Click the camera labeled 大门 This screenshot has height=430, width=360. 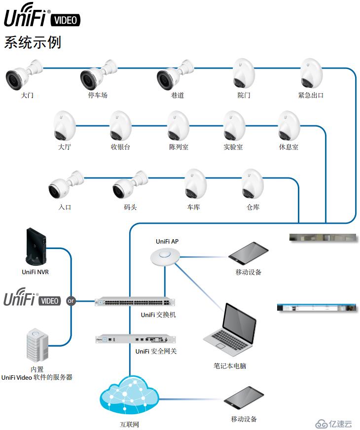[24, 74]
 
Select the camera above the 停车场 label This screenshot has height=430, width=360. [99, 74]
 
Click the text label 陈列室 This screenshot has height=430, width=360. [179, 147]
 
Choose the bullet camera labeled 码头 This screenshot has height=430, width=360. [130, 185]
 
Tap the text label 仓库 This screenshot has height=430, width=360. [253, 207]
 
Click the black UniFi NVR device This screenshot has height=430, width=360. [36, 246]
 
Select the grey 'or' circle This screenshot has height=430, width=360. [71, 301]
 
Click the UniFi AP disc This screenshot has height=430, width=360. [165, 256]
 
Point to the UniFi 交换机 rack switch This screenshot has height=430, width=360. [135, 302]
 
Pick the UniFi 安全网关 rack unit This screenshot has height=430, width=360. [135, 339]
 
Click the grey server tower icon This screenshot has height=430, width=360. [37, 345]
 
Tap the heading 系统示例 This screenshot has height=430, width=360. [33, 42]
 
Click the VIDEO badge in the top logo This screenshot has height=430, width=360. [66, 20]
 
